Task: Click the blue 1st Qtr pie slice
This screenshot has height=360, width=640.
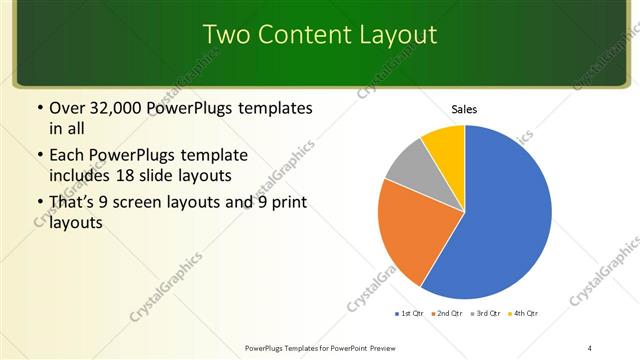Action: coord(500,215)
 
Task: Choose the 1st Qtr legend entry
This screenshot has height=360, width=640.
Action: coord(410,313)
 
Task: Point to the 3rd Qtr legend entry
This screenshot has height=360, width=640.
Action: coord(485,313)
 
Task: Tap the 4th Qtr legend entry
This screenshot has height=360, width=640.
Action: coord(524,313)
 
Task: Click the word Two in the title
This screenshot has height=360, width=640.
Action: coord(225,34)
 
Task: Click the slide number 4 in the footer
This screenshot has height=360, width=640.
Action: coord(590,347)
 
